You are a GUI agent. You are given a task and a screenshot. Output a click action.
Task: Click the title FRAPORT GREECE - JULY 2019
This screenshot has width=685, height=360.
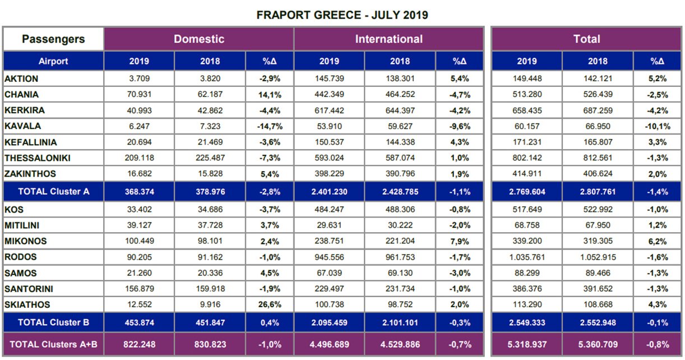pyautogui.click(x=342, y=15)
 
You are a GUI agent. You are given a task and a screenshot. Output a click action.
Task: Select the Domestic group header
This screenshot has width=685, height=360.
pyautogui.click(x=199, y=39)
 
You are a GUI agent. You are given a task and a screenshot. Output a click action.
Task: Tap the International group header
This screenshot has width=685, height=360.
pyautogui.click(x=388, y=39)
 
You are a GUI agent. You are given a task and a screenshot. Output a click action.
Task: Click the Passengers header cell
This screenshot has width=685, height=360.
pyautogui.click(x=53, y=39)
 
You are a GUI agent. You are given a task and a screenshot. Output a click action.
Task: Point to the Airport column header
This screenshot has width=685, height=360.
pyautogui.click(x=53, y=61)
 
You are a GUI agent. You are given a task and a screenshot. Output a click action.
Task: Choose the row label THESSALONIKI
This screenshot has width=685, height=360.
pyautogui.click(x=38, y=158)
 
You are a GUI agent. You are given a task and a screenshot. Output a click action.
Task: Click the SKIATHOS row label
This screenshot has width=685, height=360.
pyautogui.click(x=27, y=304)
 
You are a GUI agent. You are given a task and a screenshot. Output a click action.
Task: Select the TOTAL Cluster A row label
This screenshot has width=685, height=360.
pyautogui.click(x=53, y=191)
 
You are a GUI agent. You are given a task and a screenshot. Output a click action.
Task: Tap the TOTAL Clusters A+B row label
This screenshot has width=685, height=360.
pyautogui.click(x=53, y=344)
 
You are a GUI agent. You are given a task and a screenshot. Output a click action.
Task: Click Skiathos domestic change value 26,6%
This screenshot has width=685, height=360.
pyautogui.click(x=270, y=304)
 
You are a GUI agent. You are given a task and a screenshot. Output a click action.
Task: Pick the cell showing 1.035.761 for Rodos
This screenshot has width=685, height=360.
pyautogui.click(x=527, y=257)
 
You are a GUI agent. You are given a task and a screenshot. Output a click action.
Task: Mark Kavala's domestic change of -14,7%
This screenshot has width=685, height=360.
pyautogui.click(x=270, y=126)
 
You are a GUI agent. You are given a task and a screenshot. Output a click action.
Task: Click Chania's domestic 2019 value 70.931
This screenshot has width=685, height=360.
pyautogui.click(x=139, y=94)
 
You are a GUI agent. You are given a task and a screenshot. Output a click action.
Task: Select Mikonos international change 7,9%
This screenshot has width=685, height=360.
pyautogui.click(x=460, y=241)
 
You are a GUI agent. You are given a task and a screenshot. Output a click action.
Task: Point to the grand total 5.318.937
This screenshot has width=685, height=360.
pyautogui.click(x=527, y=344)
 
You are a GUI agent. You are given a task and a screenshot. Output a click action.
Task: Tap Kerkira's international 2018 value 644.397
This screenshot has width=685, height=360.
pyautogui.click(x=400, y=110)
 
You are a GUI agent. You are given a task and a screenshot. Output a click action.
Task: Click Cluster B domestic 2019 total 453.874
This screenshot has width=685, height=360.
pyautogui.click(x=139, y=322)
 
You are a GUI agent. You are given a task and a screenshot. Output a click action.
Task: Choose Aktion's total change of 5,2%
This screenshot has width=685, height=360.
pyautogui.click(x=658, y=79)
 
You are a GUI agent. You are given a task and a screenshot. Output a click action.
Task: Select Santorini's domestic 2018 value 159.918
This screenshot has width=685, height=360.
pyautogui.click(x=210, y=289)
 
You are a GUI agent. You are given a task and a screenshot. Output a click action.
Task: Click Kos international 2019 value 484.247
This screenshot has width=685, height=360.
pyautogui.click(x=329, y=210)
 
